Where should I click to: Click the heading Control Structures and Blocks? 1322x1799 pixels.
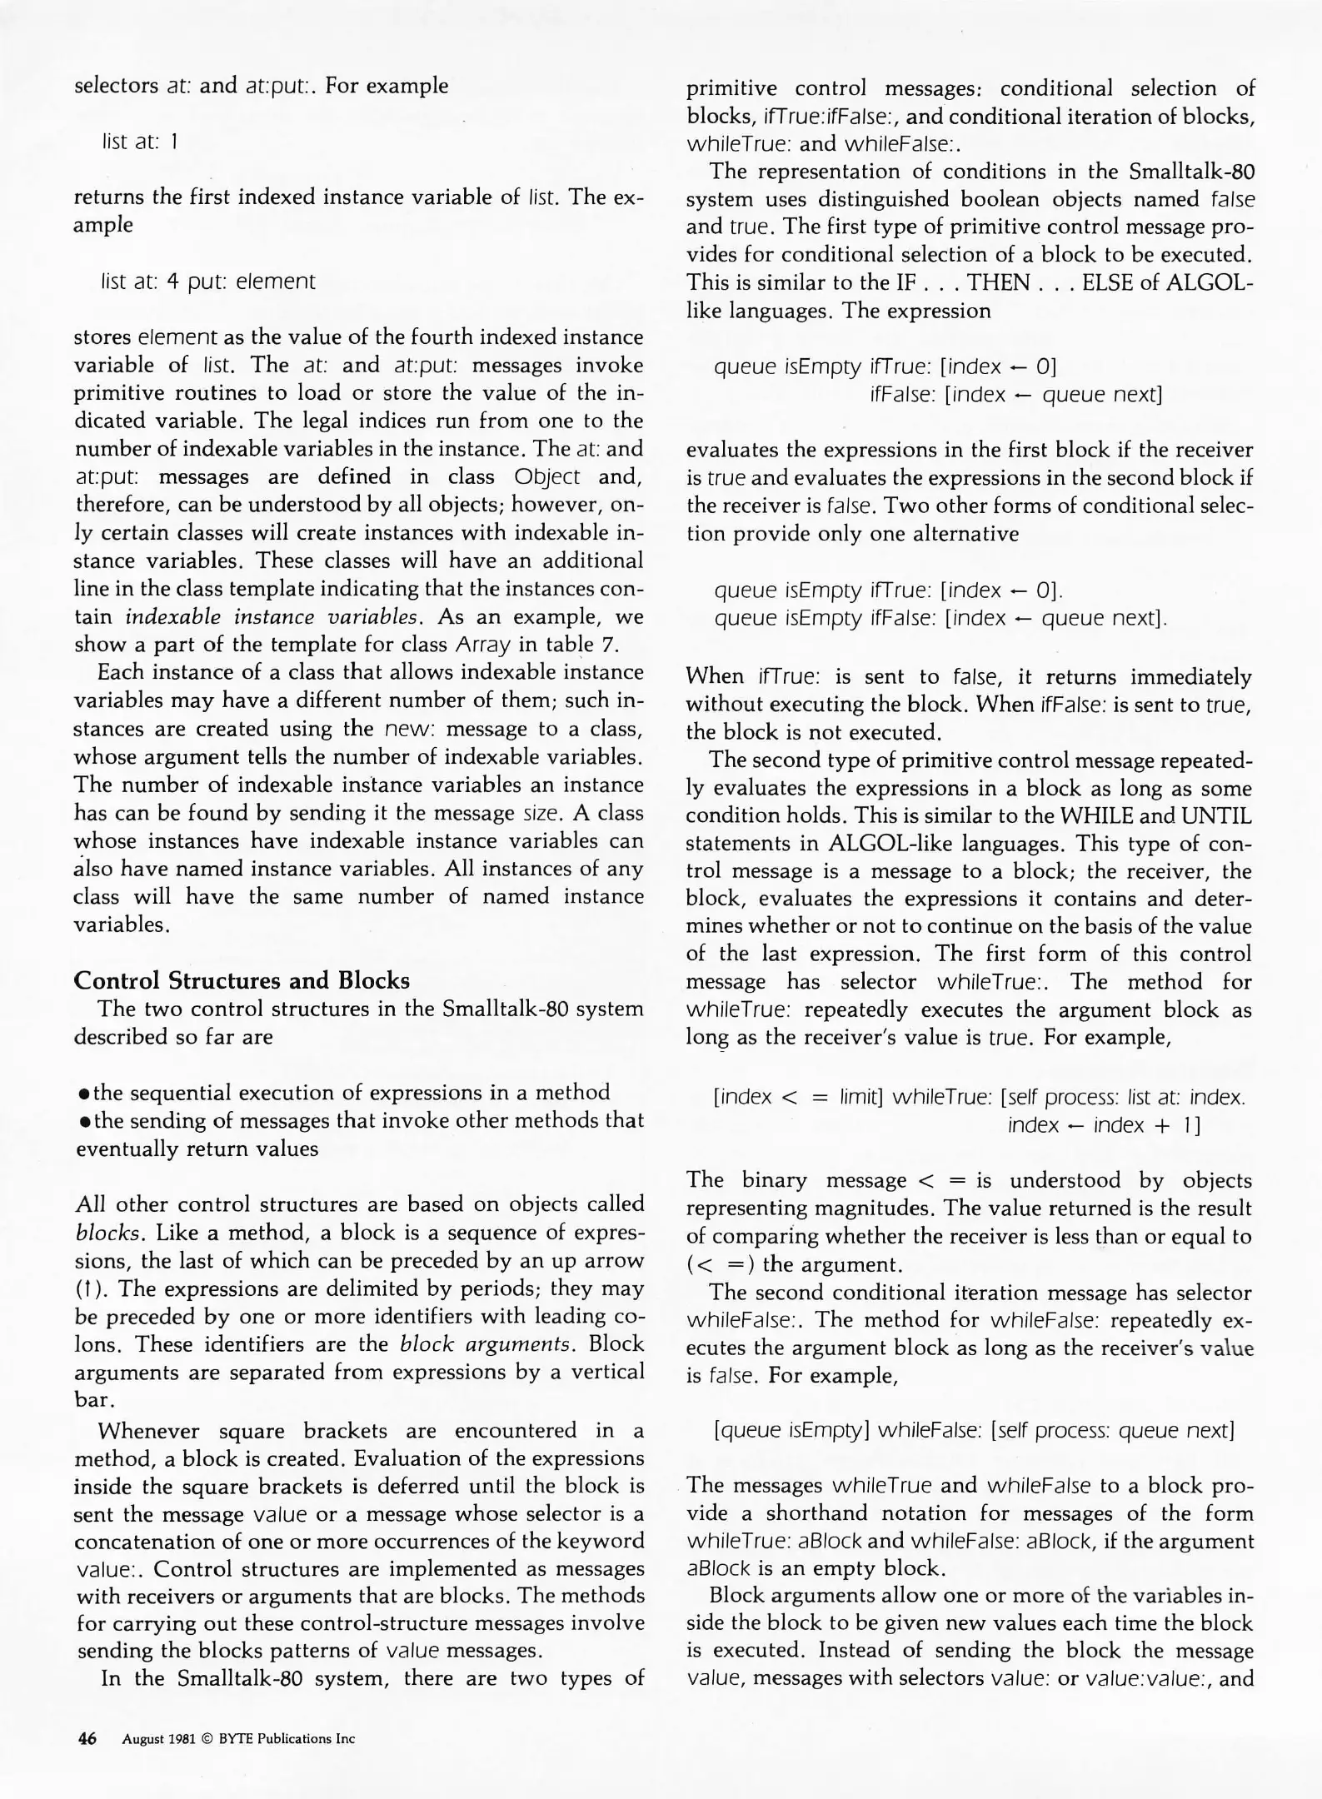pyautogui.click(x=242, y=980)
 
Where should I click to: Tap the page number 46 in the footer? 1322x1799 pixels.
pyautogui.click(x=87, y=1738)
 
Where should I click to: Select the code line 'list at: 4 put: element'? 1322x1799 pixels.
pyautogui.click(x=207, y=282)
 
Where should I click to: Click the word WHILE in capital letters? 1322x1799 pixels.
pyautogui.click(x=1083, y=815)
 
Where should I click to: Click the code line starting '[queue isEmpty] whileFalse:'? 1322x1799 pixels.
pyautogui.click(x=974, y=1431)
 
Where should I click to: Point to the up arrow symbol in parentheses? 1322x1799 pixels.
pyautogui.click(x=87, y=1289)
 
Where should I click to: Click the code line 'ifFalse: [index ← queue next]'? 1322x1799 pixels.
pyautogui.click(x=1015, y=394)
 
